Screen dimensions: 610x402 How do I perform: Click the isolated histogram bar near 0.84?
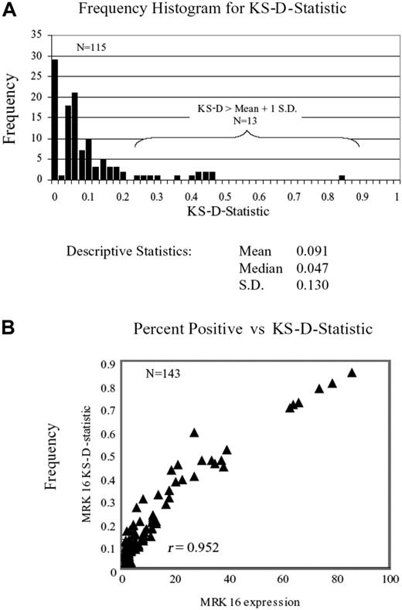(342, 177)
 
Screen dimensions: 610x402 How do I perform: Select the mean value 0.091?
(312, 251)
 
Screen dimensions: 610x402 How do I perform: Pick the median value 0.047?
(312, 267)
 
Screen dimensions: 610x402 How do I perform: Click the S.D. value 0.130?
(312, 285)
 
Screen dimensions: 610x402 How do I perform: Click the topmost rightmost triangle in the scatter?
(352, 372)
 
